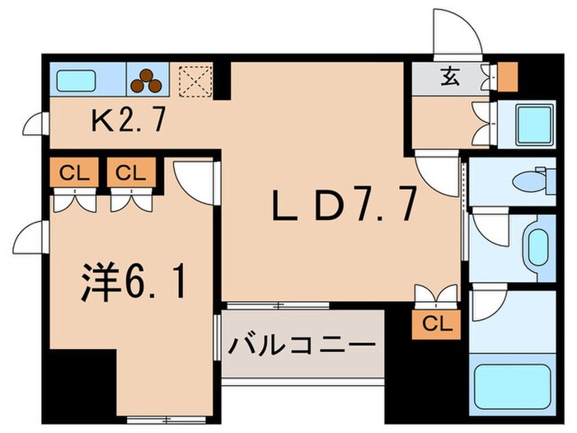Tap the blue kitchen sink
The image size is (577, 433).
point(76,81)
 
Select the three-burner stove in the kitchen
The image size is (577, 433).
point(148,80)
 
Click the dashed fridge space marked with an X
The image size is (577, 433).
point(195,81)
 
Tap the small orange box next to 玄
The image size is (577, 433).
point(508,76)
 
